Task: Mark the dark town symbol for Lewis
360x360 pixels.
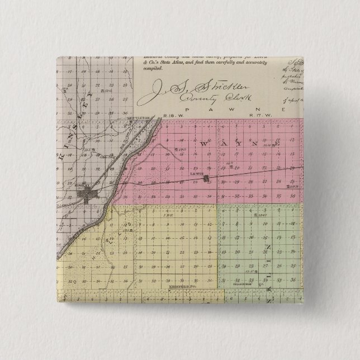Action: pos(207,179)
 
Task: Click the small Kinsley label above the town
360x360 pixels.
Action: pos(85,188)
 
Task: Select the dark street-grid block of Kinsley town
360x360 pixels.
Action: pos(89,196)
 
